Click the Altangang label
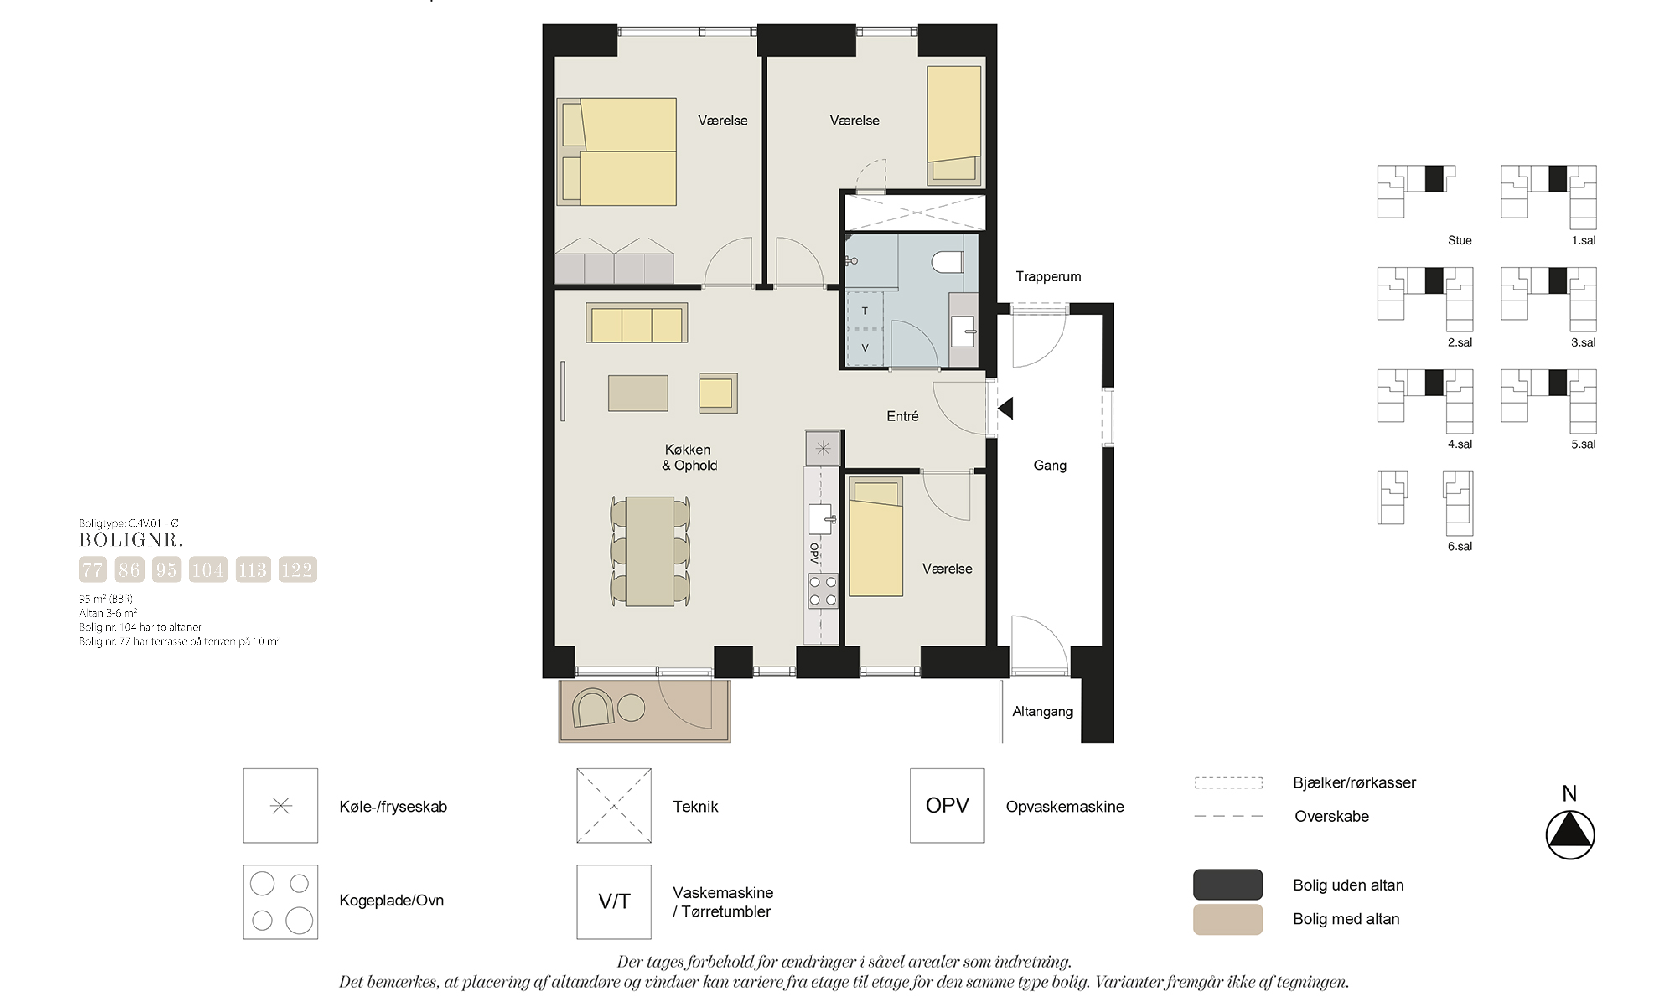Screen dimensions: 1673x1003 pyautogui.click(x=1042, y=712)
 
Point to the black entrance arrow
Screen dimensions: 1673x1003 pyautogui.click(x=1005, y=408)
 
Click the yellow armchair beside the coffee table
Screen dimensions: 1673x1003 pyautogui.click(x=717, y=393)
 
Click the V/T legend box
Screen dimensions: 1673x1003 pyautogui.click(x=613, y=902)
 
